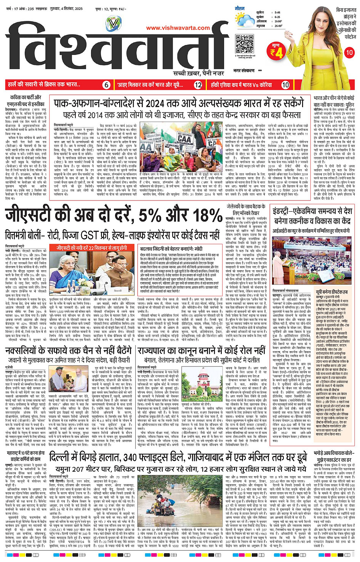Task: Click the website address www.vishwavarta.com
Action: [x=178, y=28]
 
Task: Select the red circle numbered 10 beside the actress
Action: [x=349, y=53]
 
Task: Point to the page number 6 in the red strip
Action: [x=107, y=85]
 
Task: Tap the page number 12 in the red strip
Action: [x=198, y=85]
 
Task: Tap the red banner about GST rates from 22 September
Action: [x=91, y=248]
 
